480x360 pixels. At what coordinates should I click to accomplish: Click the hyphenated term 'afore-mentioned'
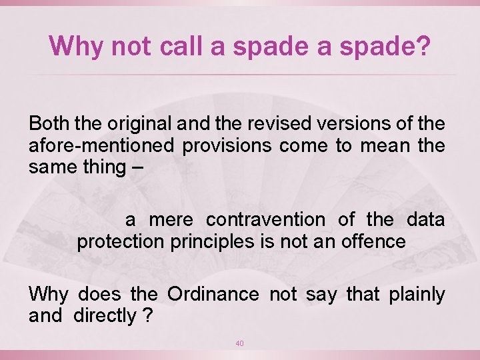click(x=99, y=145)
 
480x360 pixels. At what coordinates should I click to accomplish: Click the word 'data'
click(x=425, y=220)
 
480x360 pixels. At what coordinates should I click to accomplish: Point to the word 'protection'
click(x=119, y=241)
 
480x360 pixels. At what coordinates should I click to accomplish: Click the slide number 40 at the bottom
click(x=240, y=343)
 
